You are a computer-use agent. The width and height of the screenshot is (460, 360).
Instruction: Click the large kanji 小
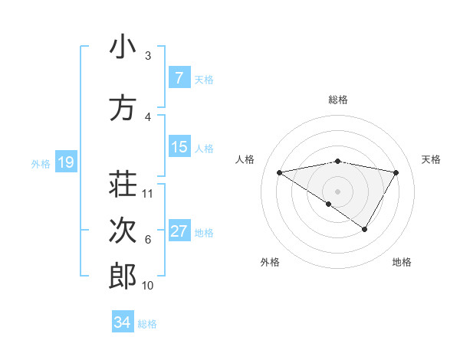(x=123, y=47)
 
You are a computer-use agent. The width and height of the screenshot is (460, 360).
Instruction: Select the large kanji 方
(x=123, y=108)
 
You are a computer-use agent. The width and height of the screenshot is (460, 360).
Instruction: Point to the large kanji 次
(x=123, y=231)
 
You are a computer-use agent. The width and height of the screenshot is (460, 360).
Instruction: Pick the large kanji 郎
(x=123, y=277)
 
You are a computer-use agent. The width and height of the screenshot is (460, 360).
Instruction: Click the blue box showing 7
(x=179, y=78)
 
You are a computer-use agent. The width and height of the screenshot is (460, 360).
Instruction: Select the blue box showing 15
(x=179, y=147)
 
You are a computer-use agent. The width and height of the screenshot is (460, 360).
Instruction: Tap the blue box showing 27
(x=179, y=231)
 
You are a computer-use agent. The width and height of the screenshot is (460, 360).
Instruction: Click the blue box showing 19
(x=65, y=162)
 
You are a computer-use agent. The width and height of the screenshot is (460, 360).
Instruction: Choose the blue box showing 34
(x=122, y=322)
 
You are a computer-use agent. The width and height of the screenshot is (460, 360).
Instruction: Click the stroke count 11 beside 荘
(x=148, y=193)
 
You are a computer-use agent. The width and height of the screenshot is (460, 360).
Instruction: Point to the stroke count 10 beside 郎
(x=148, y=286)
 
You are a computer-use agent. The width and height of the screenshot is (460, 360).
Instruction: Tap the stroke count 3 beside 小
(x=148, y=56)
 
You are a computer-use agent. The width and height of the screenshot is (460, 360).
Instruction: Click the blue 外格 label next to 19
(x=40, y=163)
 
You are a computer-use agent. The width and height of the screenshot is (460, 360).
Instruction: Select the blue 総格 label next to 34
(x=147, y=324)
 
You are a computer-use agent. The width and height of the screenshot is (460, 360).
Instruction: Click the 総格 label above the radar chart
(x=337, y=100)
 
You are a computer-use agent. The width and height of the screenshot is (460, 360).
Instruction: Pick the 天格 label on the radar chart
(x=431, y=159)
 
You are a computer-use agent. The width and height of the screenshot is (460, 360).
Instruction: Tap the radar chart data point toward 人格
(x=280, y=172)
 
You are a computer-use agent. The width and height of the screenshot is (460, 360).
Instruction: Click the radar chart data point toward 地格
(x=365, y=229)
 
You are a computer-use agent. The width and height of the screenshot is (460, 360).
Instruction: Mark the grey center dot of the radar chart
(x=337, y=190)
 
